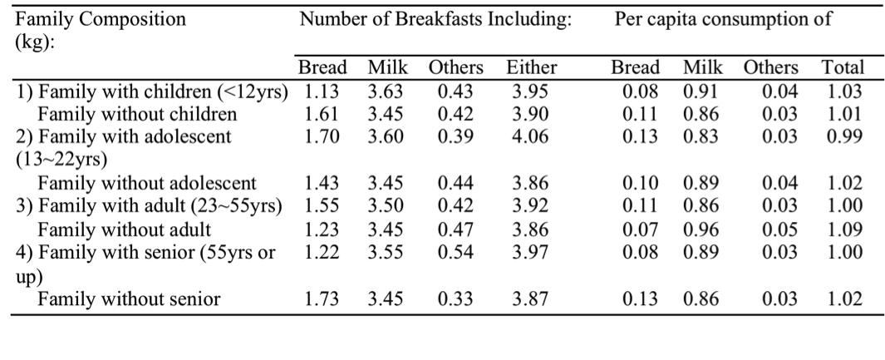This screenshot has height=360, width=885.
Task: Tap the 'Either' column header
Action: [x=531, y=68]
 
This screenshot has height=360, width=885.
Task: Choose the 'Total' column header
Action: [x=843, y=68]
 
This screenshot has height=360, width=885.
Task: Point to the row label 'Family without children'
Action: [x=138, y=114]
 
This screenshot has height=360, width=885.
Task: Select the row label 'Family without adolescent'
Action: [x=148, y=183]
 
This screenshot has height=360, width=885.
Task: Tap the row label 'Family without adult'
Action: [x=125, y=229]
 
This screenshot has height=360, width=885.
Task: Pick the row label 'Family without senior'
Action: [x=129, y=298]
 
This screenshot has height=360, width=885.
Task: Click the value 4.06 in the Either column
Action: [x=531, y=136]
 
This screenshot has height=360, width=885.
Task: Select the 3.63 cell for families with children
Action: [x=386, y=91]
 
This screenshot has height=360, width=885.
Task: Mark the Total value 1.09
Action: [x=843, y=229]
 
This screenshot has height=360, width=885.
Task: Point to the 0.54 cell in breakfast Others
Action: [x=449, y=251]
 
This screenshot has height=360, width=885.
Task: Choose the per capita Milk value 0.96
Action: [x=700, y=229]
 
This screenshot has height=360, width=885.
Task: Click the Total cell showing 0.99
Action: [x=843, y=136]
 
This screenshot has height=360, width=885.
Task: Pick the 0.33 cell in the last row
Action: [x=449, y=298]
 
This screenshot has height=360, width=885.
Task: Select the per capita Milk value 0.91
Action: [x=700, y=91]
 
